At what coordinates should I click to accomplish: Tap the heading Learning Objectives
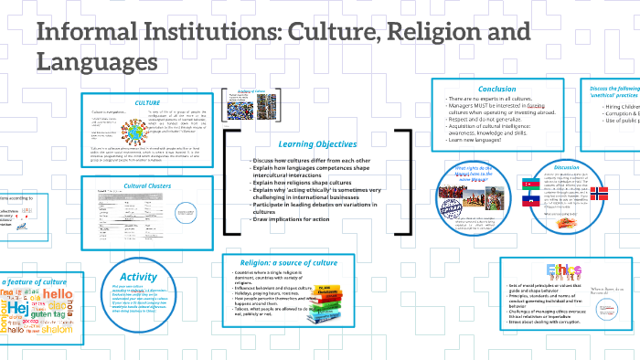point(318,143)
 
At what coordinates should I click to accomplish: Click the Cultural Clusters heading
point(148,185)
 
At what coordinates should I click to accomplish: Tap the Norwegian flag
point(598,194)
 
